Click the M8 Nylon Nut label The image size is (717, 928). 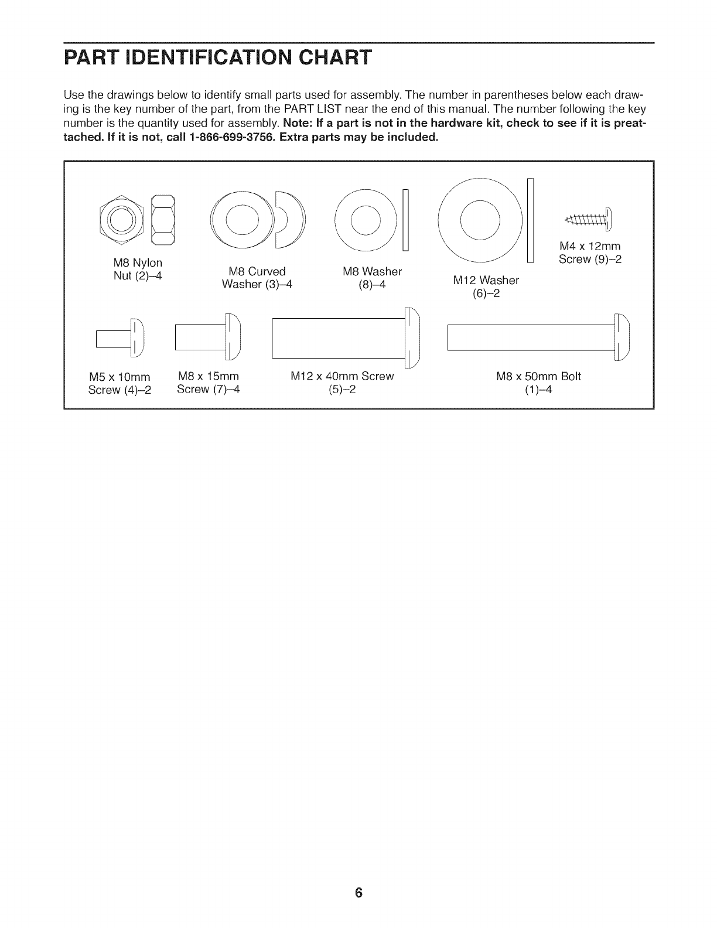click(x=138, y=268)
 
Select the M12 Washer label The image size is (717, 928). click(x=486, y=286)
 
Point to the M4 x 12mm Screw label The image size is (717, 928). click(x=589, y=253)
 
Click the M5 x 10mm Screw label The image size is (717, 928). click(x=119, y=383)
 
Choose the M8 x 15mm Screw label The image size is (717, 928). click(x=209, y=382)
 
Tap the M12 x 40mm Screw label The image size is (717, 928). click(x=342, y=382)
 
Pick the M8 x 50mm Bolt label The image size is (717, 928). click(x=538, y=382)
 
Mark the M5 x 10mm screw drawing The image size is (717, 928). click(x=119, y=338)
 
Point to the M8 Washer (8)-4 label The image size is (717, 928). click(x=372, y=278)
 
